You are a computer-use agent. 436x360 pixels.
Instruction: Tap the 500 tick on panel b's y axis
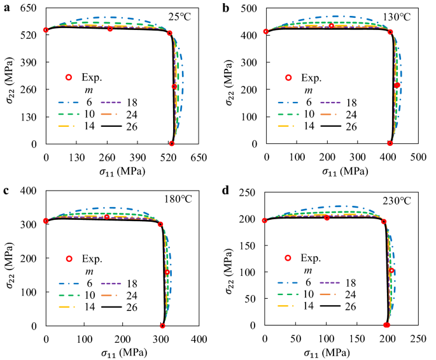pyautogui.click(x=250, y=8)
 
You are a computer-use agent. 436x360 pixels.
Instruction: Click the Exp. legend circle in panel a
pyautogui.click(x=69, y=77)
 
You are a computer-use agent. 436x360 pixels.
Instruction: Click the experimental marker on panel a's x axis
pyautogui.click(x=171, y=144)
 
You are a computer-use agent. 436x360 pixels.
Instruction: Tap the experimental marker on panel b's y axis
pyautogui.click(x=266, y=32)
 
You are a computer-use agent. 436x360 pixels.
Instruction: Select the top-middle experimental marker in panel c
pyautogui.click(x=107, y=217)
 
